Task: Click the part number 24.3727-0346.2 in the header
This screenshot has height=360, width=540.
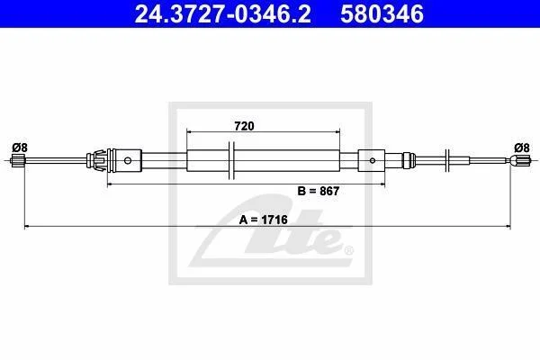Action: click(222, 14)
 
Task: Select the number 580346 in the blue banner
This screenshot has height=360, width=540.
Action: click(382, 14)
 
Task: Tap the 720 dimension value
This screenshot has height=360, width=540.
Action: click(244, 126)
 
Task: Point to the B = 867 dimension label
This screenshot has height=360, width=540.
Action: click(319, 191)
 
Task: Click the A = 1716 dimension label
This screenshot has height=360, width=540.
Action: click(263, 220)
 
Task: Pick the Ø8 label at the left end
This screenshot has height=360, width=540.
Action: click(20, 148)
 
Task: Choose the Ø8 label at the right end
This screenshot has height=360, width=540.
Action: click(522, 148)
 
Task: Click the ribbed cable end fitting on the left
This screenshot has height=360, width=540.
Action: click(17, 161)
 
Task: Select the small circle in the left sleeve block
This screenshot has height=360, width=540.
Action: click(128, 160)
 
